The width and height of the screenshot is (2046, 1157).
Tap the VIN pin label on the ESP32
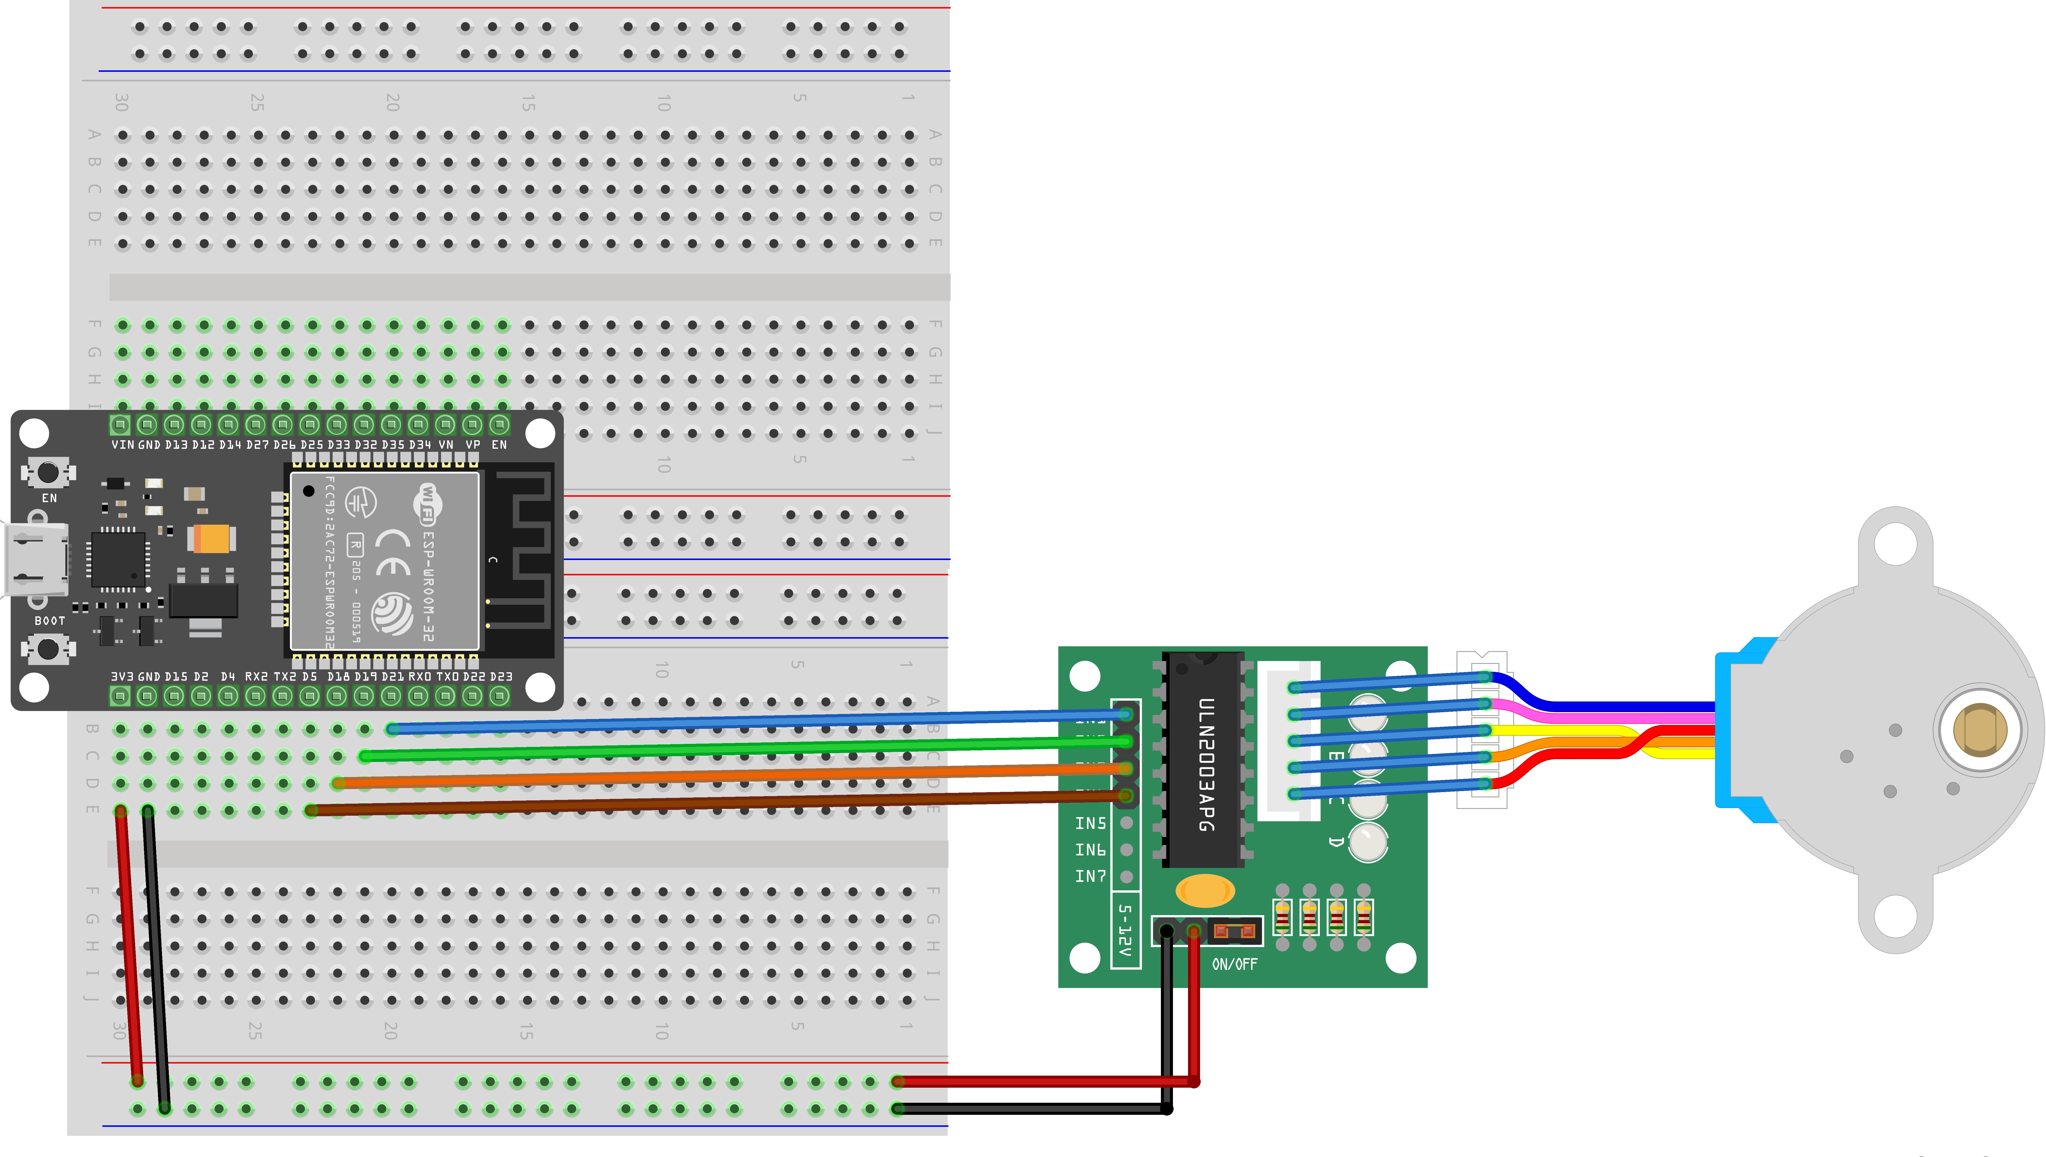(x=122, y=445)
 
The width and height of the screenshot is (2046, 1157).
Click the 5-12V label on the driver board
(x=1124, y=930)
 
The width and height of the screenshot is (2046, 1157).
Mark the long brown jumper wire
(x=715, y=803)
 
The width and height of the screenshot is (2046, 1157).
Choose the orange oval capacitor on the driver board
(x=1205, y=891)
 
